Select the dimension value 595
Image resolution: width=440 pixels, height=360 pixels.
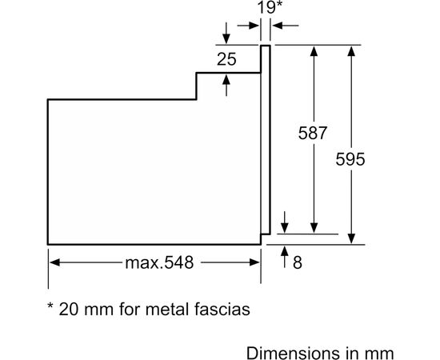click(350, 159)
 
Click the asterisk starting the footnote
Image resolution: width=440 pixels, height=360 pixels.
click(50, 305)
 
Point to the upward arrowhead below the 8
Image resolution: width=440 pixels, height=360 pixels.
click(286, 253)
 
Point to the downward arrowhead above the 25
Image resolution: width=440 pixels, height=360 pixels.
click(226, 38)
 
